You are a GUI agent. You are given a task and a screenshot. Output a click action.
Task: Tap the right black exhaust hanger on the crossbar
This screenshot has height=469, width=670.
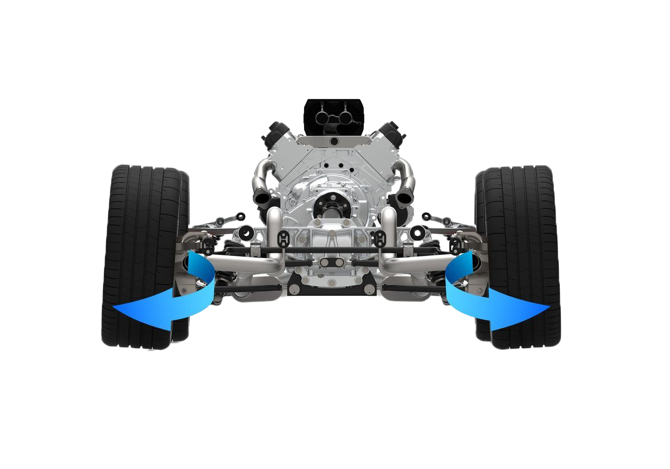pyautogui.click(x=378, y=239)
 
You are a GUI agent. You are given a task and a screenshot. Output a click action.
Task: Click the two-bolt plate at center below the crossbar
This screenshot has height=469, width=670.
pyautogui.click(x=331, y=262)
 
